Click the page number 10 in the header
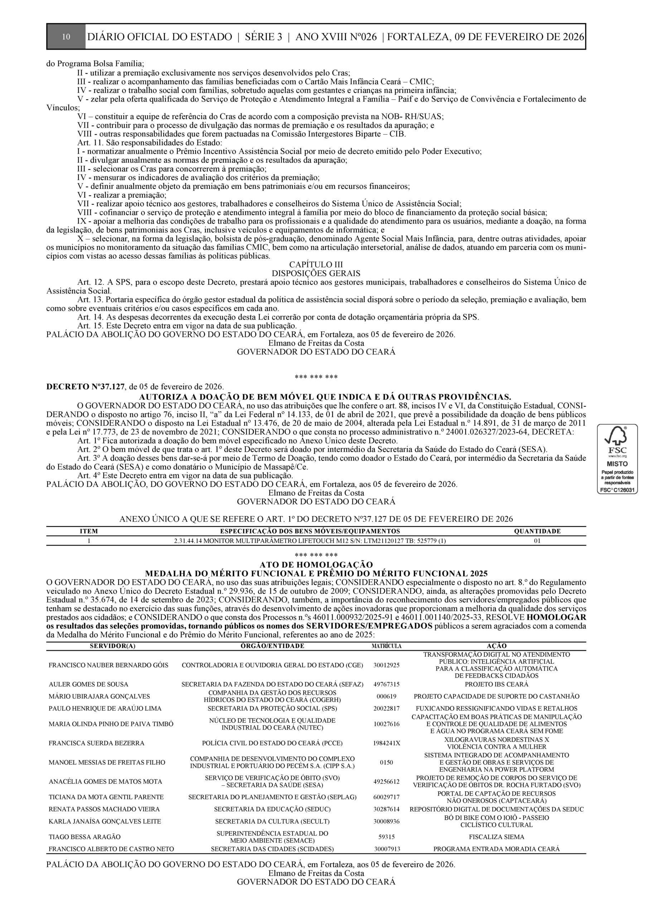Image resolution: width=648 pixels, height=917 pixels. (x=66, y=37)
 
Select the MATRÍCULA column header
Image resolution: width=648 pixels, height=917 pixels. (x=387, y=646)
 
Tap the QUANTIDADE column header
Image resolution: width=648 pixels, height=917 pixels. (x=537, y=531)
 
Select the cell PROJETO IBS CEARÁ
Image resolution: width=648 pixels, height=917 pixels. (x=496, y=684)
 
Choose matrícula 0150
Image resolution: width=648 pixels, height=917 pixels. (x=387, y=763)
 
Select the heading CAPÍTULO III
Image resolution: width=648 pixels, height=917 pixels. (x=316, y=264)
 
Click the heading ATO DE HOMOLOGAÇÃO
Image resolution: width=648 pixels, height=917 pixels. (x=316, y=565)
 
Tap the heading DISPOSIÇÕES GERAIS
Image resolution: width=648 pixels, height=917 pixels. (x=316, y=273)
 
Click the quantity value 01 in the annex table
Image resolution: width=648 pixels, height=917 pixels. (x=537, y=541)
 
